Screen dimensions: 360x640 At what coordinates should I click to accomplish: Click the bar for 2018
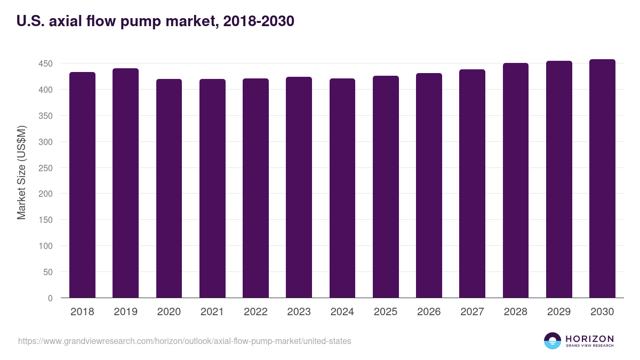82,185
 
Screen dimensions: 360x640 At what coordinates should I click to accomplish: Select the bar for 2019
125,183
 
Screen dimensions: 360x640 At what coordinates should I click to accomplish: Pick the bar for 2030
602,178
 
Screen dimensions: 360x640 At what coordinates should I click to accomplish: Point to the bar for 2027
472,183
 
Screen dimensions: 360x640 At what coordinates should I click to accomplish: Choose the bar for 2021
212,188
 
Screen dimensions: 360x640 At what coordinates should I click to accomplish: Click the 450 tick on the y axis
45,63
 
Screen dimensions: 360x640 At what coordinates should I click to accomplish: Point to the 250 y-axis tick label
45,168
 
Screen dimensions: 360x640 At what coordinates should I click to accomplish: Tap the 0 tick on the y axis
50,298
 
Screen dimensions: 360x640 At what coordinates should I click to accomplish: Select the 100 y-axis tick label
45,246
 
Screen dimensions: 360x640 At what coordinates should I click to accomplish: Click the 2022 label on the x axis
255,312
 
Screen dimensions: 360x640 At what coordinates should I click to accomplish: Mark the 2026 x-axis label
429,312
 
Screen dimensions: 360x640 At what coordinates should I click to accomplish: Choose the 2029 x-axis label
559,312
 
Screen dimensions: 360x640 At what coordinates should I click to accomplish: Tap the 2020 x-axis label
169,312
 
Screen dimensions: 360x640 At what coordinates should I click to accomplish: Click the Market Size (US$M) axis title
21,172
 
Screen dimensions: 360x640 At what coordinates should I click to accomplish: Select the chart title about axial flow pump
155,21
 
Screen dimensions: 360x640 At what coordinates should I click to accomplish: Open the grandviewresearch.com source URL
185,341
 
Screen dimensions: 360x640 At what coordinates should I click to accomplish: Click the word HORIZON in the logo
589,338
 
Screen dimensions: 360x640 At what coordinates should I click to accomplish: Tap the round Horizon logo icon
552,341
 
